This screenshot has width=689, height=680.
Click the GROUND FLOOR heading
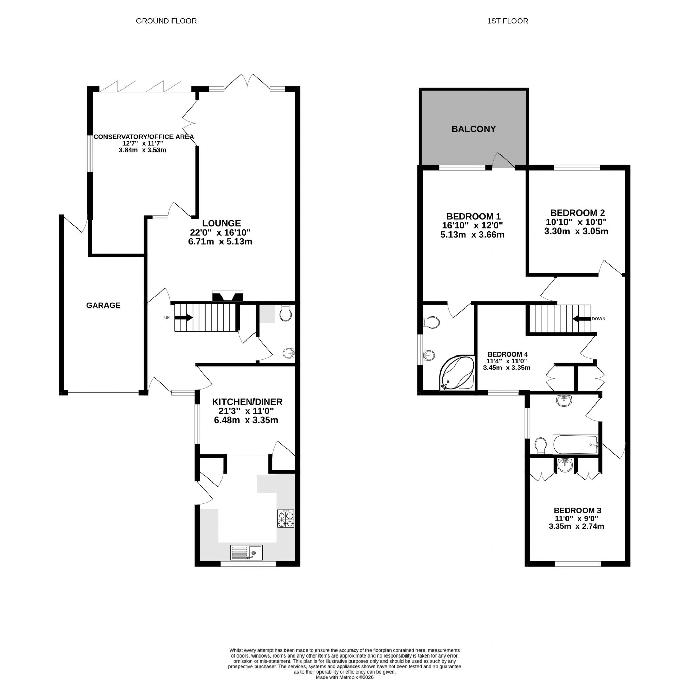[166, 21]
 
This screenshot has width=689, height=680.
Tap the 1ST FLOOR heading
[507, 21]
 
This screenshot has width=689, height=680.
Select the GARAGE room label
[103, 305]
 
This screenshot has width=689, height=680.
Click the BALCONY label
[474, 129]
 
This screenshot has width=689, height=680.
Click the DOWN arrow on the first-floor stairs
[581, 319]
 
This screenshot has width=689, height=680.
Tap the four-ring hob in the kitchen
[286, 519]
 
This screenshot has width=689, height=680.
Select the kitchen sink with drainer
[246, 552]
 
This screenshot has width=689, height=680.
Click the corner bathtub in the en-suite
[457, 373]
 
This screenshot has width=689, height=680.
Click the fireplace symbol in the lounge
[228, 296]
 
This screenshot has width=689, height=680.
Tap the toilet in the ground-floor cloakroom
[286, 313]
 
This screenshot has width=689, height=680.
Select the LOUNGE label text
[222, 223]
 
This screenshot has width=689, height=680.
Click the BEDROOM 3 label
[577, 511]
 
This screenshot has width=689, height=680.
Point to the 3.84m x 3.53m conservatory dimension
[143, 150]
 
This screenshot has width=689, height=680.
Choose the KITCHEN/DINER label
[247, 402]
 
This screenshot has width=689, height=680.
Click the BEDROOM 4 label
[507, 354]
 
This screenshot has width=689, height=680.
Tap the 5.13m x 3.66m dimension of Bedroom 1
[473, 235]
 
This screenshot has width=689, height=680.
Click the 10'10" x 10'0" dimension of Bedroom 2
[576, 222]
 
